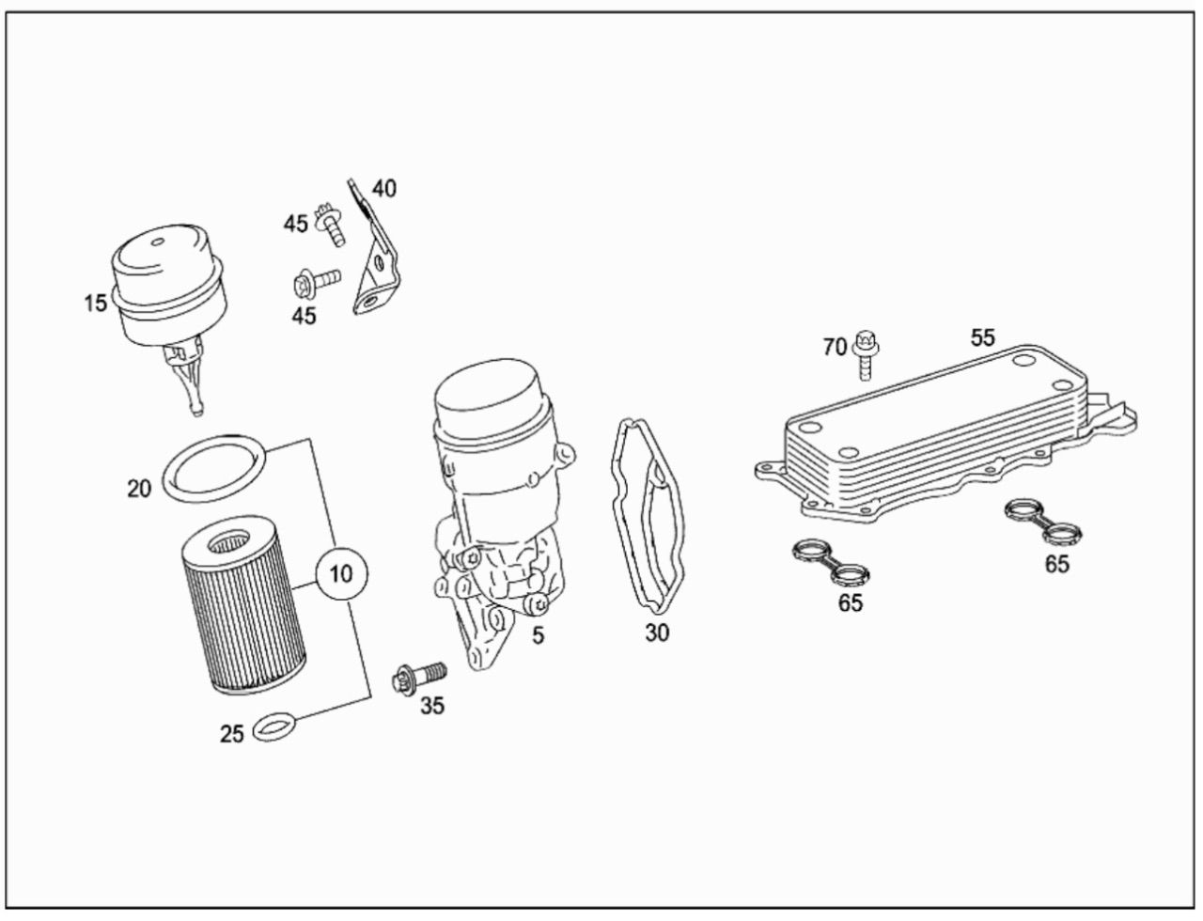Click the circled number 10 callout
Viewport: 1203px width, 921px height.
pyautogui.click(x=341, y=573)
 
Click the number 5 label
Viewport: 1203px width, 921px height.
pyautogui.click(x=539, y=635)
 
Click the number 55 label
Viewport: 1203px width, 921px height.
pyautogui.click(x=983, y=337)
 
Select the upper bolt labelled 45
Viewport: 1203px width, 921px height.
pyautogui.click(x=330, y=225)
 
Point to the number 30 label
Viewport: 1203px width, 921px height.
pyautogui.click(x=657, y=632)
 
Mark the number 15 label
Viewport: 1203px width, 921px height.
pyautogui.click(x=95, y=304)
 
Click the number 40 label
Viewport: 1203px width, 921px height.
pyautogui.click(x=384, y=189)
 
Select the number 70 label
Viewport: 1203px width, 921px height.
pyautogui.click(x=836, y=348)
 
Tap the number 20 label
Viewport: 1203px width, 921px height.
pyautogui.click(x=139, y=489)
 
